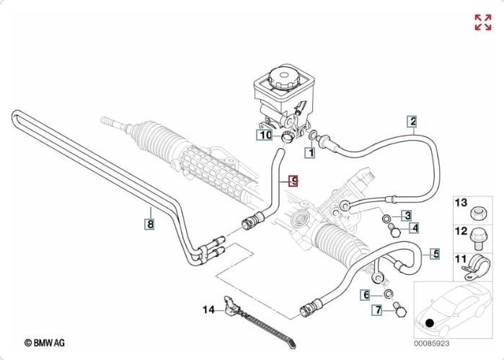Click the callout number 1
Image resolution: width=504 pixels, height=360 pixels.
310,153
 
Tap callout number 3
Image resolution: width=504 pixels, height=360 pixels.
407,215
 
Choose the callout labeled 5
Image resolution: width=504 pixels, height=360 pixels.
435,253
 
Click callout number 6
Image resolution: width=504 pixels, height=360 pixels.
366,295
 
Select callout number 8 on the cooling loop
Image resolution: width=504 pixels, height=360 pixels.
149,224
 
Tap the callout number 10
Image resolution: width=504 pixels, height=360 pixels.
265,134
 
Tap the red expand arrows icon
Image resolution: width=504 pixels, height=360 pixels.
482,22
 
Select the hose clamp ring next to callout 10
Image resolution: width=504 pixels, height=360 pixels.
287,136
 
